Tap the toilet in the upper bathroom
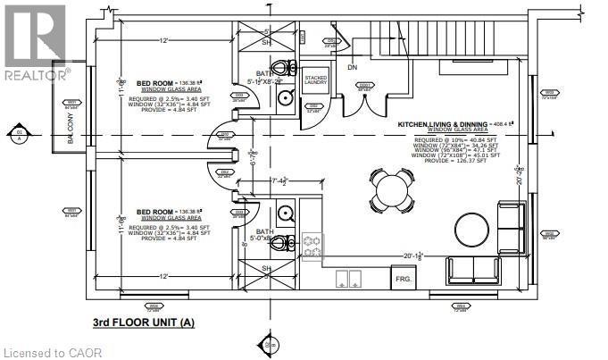284,68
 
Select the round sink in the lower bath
287,213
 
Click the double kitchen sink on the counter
348,278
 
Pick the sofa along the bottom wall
474,269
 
